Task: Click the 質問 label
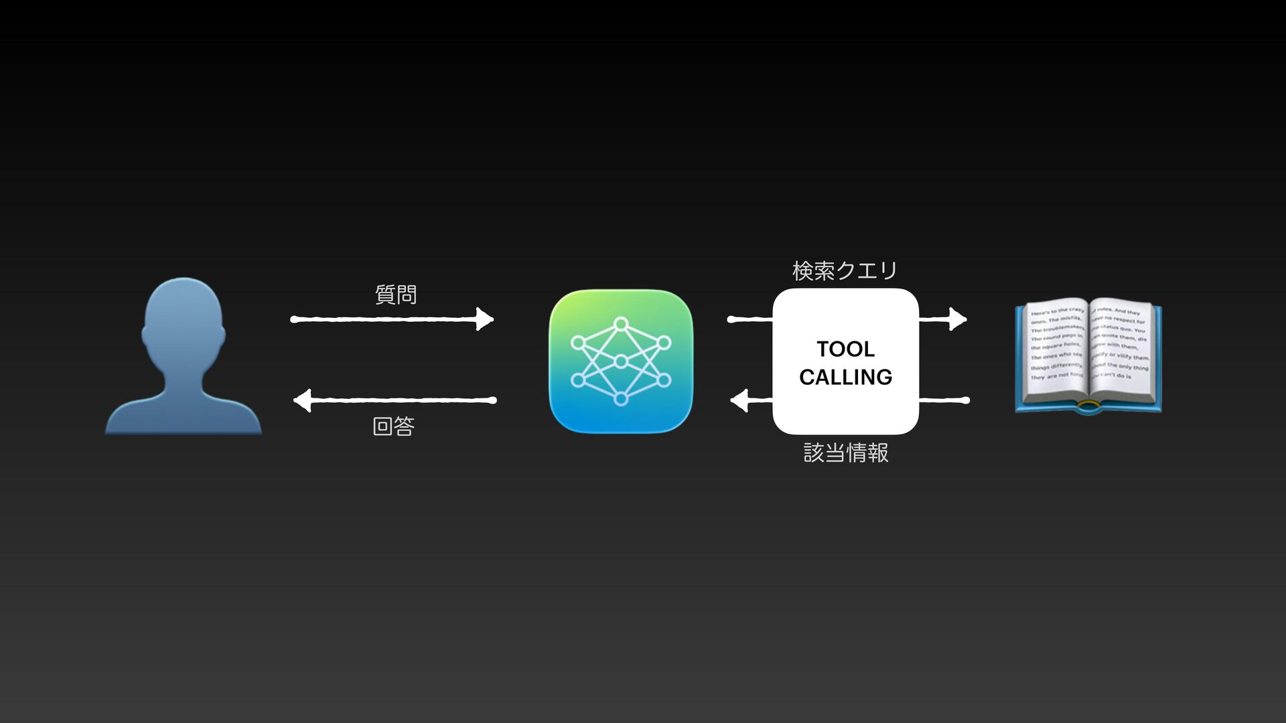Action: (x=396, y=295)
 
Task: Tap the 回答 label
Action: (x=394, y=426)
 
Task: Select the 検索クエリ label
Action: (x=845, y=270)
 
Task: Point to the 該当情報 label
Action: (x=846, y=453)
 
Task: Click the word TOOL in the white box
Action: (x=845, y=349)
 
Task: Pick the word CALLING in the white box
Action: (x=845, y=377)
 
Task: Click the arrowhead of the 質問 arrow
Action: (x=484, y=319)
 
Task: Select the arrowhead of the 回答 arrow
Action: (x=303, y=400)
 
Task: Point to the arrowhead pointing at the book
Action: (x=958, y=319)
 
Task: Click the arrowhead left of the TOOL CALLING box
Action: (x=739, y=401)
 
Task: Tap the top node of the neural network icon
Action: (x=621, y=324)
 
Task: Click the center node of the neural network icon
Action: (x=621, y=361)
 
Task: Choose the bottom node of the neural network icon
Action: (x=621, y=400)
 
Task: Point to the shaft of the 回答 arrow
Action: (x=402, y=400)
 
